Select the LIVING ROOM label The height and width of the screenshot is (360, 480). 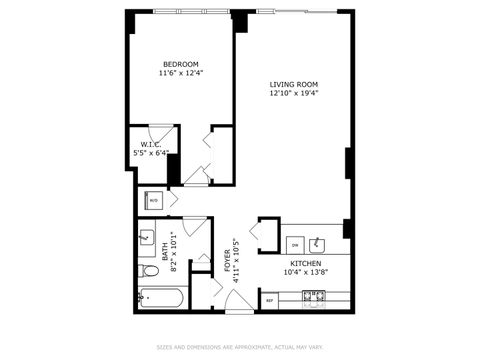pos(293,84)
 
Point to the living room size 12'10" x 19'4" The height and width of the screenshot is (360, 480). pos(293,93)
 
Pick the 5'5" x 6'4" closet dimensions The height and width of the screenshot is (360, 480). pos(151,153)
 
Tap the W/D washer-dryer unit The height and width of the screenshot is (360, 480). pos(154,200)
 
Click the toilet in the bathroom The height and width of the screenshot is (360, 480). pos(149,271)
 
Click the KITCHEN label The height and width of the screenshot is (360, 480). pos(306,263)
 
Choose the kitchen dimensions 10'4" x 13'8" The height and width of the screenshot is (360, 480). pos(306,272)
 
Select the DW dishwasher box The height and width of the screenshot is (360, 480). pos(295,243)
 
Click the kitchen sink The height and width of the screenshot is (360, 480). pos(319,243)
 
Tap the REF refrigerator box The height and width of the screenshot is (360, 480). pos(270,299)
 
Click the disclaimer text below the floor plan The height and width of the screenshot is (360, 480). pos(240,347)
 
